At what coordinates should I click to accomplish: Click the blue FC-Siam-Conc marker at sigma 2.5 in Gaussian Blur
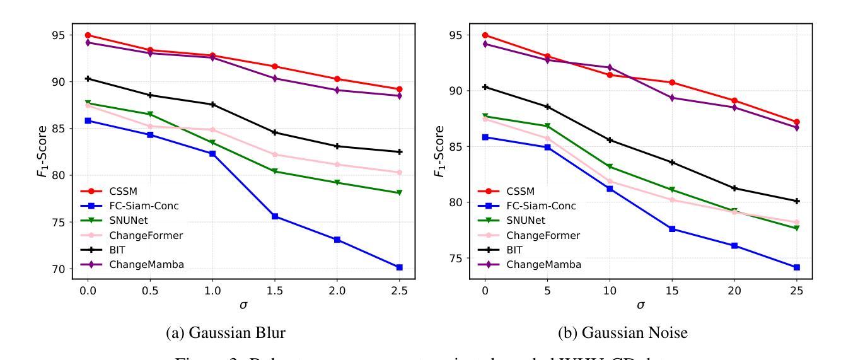[x=400, y=267]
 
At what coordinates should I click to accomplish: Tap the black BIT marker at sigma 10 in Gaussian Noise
[x=610, y=140]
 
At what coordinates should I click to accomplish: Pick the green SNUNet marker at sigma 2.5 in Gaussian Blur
[x=400, y=193]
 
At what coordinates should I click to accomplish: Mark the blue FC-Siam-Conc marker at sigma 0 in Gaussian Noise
[x=485, y=137]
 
